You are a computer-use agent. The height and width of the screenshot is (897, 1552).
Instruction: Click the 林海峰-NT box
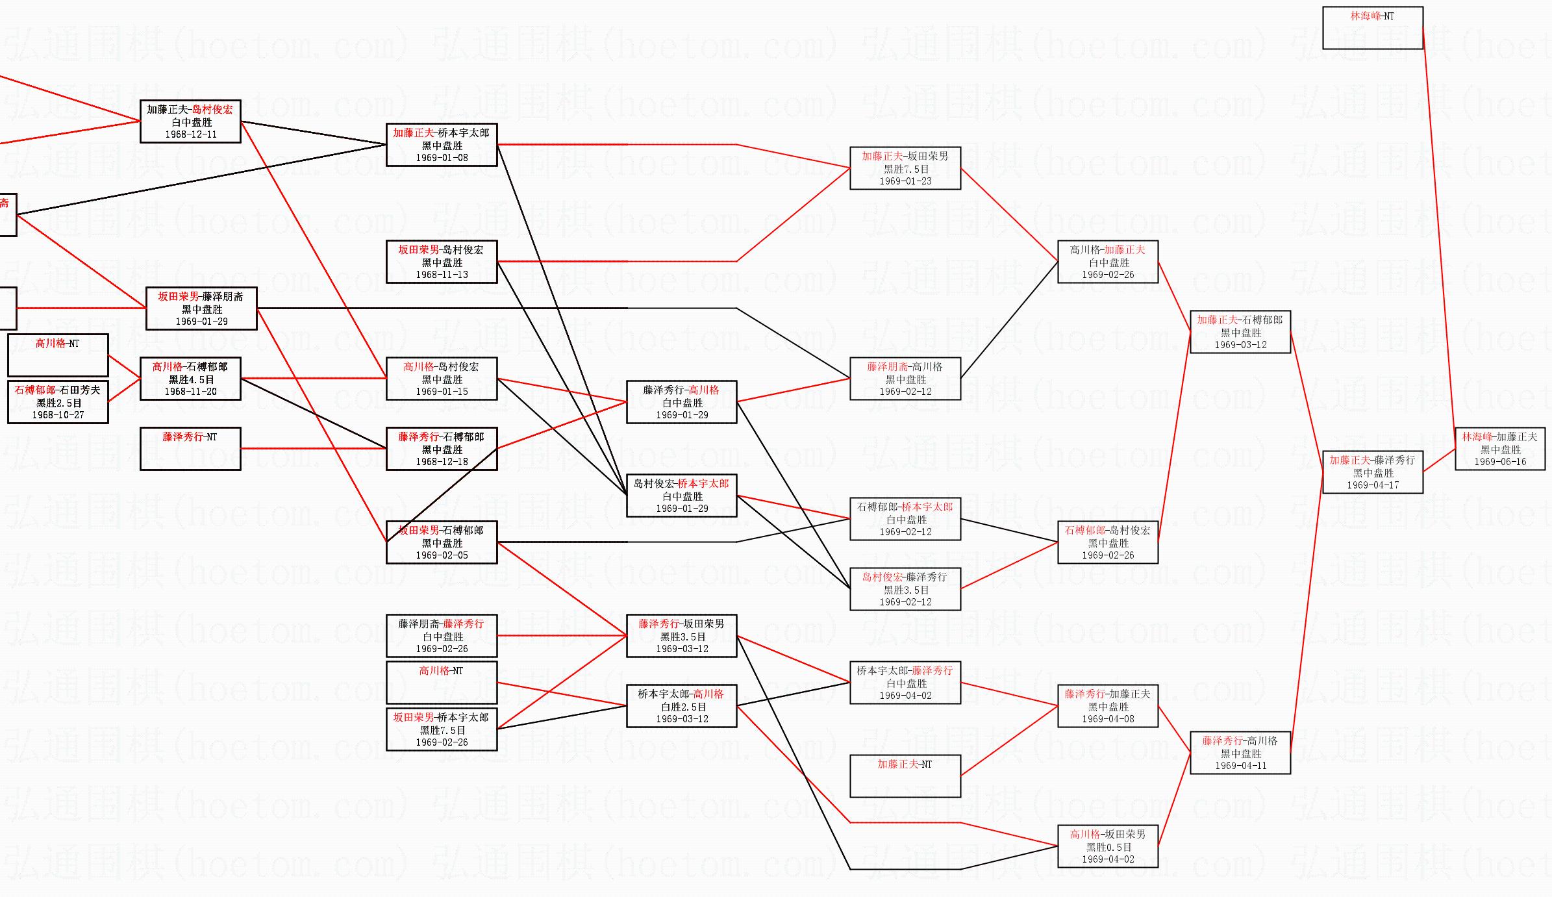1372,28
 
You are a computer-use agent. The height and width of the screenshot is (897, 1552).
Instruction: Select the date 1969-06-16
1500,462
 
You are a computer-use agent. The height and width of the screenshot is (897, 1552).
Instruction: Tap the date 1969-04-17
1373,485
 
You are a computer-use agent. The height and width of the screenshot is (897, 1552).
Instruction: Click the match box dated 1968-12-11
190,121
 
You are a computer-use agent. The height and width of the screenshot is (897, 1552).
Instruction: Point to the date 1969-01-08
442,158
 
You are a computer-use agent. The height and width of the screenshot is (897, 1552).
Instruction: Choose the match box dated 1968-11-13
442,262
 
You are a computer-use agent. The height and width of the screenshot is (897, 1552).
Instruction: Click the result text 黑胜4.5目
191,379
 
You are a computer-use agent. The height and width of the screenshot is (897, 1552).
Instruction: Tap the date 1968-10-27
58,415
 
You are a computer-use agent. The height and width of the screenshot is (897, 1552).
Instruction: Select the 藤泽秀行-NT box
190,448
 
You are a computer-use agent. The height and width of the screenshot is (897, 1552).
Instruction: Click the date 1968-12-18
442,462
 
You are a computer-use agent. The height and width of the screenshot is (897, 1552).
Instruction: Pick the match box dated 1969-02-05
442,542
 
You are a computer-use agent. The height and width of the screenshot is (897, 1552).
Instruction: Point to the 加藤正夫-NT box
905,776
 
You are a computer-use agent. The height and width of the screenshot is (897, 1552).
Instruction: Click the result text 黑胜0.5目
1108,847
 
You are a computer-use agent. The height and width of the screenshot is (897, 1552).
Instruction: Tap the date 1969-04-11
1240,766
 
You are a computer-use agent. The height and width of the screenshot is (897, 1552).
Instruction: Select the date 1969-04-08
1108,719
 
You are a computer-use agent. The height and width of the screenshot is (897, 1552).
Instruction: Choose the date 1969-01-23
905,181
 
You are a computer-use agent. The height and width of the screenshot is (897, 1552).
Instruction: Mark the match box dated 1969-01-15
442,379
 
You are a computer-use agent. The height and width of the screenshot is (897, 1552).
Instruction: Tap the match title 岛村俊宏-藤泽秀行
905,577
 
